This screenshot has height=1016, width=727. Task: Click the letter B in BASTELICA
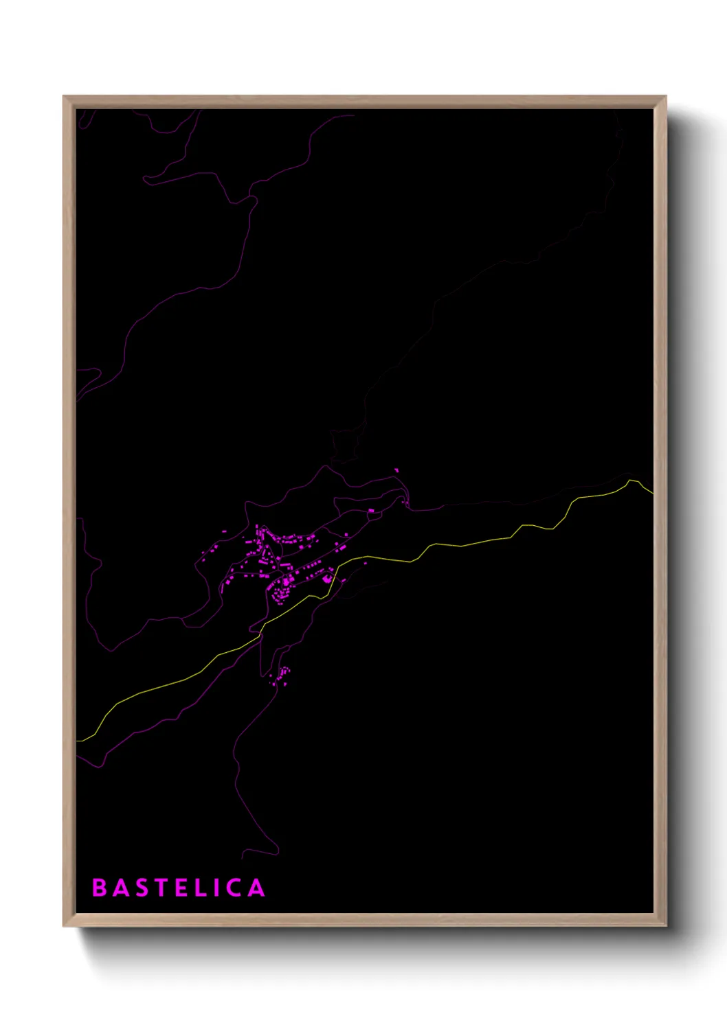click(x=99, y=888)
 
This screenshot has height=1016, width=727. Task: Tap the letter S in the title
click(x=138, y=888)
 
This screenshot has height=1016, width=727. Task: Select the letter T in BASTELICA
click(x=158, y=888)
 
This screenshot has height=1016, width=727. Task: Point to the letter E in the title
click(x=179, y=888)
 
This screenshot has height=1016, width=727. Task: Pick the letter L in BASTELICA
click(x=198, y=888)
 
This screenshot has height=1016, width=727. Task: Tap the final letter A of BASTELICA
click(x=256, y=888)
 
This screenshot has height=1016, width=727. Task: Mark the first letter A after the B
click(x=118, y=888)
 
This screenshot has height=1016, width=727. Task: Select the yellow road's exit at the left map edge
click(x=78, y=741)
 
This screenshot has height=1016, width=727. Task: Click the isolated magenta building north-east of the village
click(x=396, y=470)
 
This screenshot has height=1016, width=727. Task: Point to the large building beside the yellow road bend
click(x=328, y=579)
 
